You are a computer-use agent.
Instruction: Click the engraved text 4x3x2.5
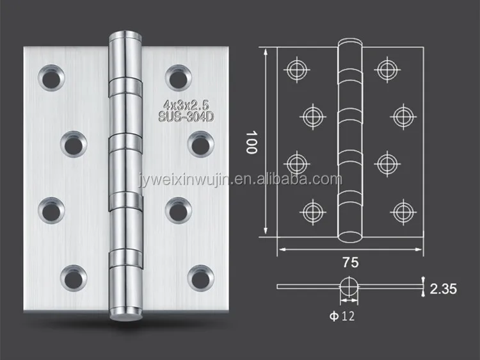pyautogui.click(x=186, y=105)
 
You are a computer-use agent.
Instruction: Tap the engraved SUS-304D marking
pyautogui.click(x=186, y=117)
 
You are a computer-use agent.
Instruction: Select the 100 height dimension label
pyautogui.click(x=252, y=142)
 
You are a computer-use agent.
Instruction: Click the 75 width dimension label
pyautogui.click(x=351, y=263)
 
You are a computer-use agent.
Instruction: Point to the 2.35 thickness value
pyautogui.click(x=444, y=289)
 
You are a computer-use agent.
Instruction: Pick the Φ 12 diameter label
pyautogui.click(x=342, y=316)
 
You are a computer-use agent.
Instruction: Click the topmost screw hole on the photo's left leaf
pyautogui.click(x=51, y=78)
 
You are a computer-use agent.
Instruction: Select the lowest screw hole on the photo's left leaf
pyautogui.click(x=74, y=278)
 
